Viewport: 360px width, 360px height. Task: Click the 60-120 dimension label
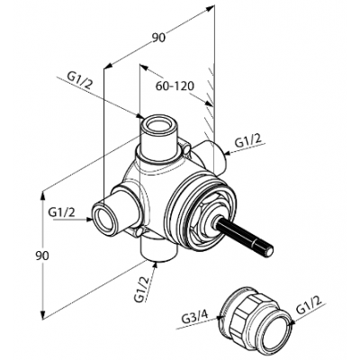175,86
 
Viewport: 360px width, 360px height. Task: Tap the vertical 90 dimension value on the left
41,256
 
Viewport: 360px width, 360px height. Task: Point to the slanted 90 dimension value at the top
158,38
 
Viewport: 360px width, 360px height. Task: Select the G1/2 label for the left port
62,212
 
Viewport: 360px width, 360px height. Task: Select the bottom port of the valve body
158,249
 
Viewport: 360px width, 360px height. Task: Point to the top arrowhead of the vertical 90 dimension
43,194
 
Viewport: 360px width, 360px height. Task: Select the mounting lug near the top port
185,148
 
